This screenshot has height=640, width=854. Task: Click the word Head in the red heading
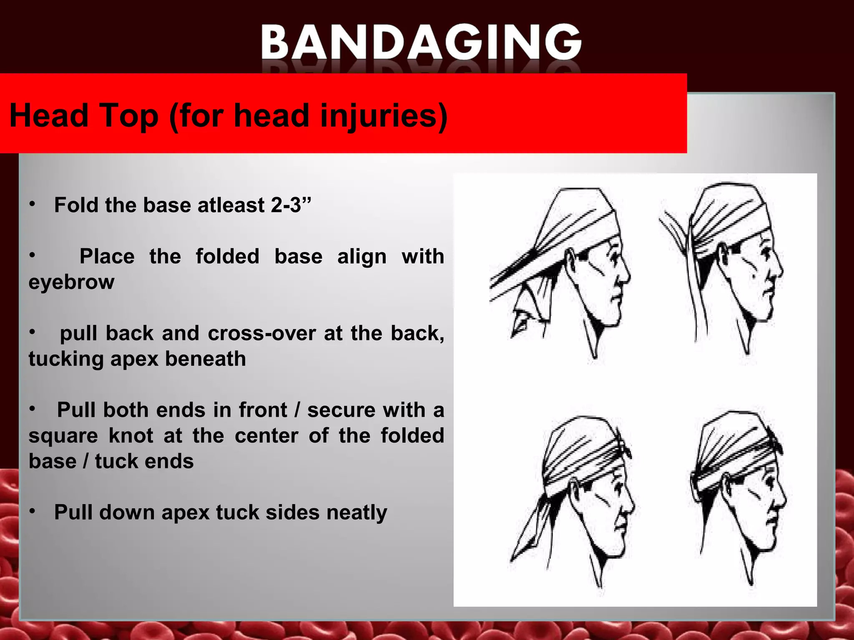pos(49,115)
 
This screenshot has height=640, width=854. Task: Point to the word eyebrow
pos(71,282)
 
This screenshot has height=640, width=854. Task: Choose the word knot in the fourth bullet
pos(131,436)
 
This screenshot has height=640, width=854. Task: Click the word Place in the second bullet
pos(107,256)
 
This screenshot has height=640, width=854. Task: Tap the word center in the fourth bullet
pos(266,436)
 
